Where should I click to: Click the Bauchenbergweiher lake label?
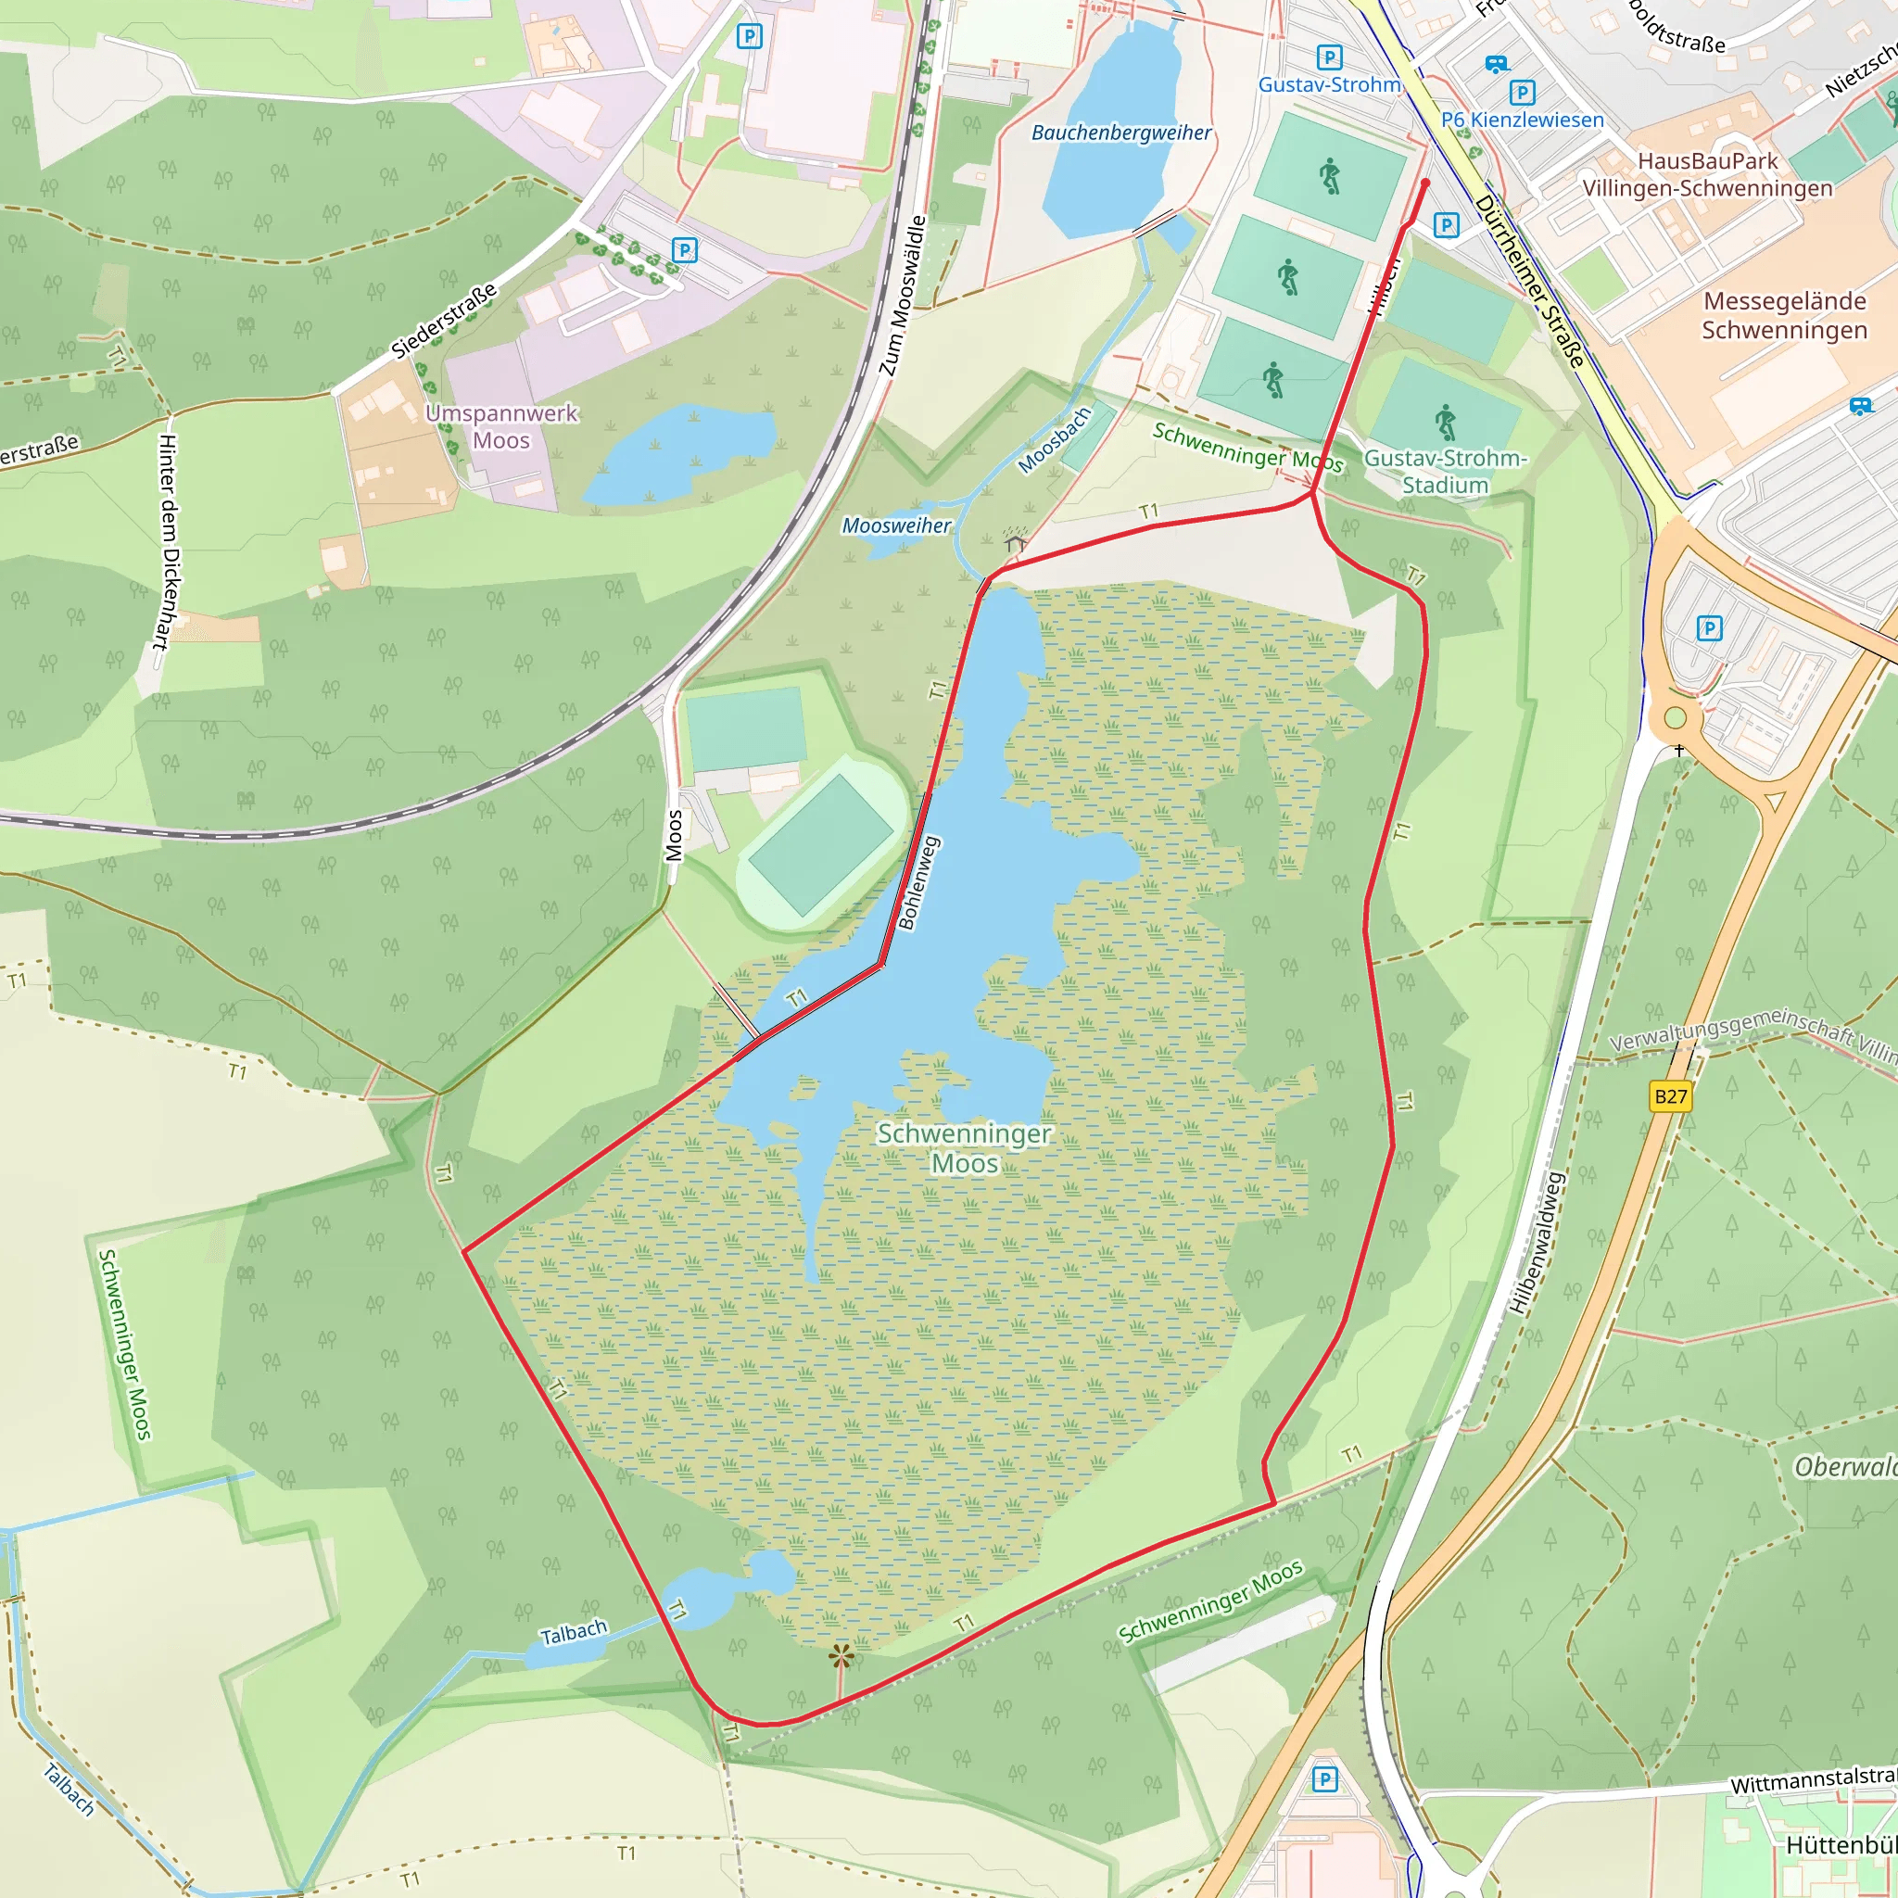pos(1121,133)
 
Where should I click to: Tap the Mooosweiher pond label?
pos(896,525)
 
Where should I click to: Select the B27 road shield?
pos(1670,1096)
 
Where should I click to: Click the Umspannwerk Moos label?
pos(501,426)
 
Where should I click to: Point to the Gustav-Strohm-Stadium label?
pos(1444,472)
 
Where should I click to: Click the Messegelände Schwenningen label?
pos(1784,315)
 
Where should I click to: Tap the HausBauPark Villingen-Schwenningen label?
pos(1707,175)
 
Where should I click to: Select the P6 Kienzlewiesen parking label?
pos(1522,120)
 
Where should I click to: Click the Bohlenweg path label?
pos(918,882)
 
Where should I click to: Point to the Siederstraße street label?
pos(444,321)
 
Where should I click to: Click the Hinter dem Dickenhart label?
pos(167,542)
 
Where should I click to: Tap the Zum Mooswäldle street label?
pos(902,296)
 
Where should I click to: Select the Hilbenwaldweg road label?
pos(1537,1242)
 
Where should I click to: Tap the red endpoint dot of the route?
pos(1425,183)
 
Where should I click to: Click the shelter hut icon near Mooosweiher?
pos(1015,540)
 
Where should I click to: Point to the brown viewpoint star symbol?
pos(841,1657)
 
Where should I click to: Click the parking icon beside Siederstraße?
pos(685,249)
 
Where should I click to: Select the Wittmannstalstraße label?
pos(1814,1779)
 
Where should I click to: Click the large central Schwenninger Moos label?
pos(964,1147)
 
